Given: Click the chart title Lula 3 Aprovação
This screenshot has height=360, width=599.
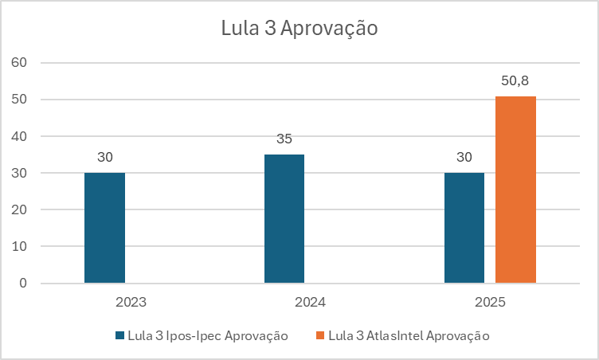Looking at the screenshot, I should [299, 29].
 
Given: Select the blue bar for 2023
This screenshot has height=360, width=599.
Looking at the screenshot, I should [104, 228].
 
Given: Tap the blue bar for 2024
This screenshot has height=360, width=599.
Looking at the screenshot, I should [284, 219].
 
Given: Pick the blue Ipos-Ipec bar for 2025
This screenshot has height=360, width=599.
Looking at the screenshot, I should [464, 228].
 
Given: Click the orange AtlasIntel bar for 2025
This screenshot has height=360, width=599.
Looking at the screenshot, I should [515, 190].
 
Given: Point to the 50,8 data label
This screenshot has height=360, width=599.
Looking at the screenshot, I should [515, 81].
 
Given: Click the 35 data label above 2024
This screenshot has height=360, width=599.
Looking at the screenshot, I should [284, 139].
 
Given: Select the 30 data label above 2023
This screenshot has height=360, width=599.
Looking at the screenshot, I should [104, 157].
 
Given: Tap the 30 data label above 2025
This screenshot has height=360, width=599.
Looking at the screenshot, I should [464, 157].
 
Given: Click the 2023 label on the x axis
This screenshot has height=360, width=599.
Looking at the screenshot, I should [130, 303].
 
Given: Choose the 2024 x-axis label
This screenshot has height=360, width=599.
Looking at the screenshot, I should [310, 303].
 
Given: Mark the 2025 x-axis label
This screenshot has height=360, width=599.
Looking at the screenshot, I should [490, 303].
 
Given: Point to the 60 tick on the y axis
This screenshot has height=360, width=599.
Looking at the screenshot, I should [20, 63].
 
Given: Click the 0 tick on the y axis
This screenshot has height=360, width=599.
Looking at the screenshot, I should [23, 284].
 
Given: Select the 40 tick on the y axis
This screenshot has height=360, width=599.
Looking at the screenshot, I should [20, 136].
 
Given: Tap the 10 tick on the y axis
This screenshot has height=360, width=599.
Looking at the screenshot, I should [20, 247].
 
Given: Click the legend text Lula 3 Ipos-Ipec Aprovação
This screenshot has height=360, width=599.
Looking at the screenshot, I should [208, 335].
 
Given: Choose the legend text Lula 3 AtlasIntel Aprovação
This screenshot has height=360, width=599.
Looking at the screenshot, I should [409, 335].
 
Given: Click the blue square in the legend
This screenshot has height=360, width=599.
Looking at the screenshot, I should [120, 335].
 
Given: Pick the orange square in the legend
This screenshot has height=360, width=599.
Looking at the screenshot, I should [320, 335].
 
